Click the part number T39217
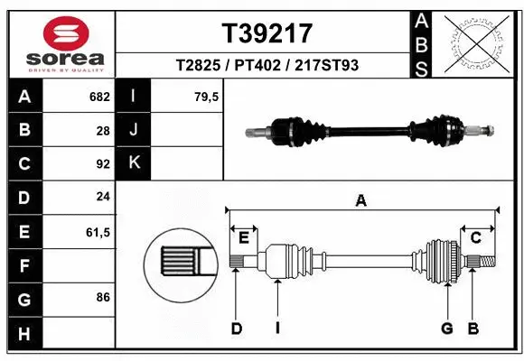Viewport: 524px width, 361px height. pyautogui.click(x=267, y=33)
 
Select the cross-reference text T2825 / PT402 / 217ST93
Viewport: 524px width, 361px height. pyautogui.click(x=267, y=66)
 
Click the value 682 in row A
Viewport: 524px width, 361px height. pyautogui.click(x=98, y=97)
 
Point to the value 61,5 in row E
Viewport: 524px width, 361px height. pyautogui.click(x=98, y=232)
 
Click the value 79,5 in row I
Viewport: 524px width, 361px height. pyautogui.click(x=206, y=97)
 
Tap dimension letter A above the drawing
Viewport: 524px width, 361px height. pyautogui.click(x=361, y=202)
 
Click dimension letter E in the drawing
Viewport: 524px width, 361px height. pyautogui.click(x=243, y=236)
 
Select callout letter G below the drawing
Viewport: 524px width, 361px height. pyautogui.click(x=446, y=329)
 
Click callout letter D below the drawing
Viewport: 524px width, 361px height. pyautogui.click(x=237, y=329)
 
